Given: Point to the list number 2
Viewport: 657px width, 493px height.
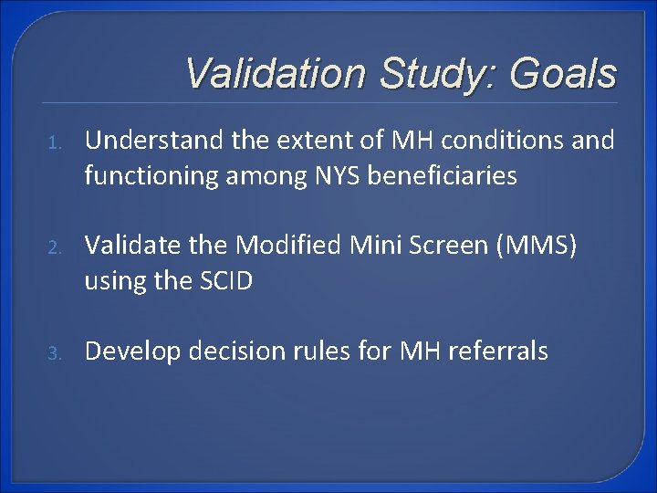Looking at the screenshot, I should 54,247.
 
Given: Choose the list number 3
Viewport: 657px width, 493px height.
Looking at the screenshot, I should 54,352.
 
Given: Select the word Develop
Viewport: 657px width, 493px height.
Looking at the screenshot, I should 123,351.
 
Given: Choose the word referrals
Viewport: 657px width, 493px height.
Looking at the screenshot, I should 500,351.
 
